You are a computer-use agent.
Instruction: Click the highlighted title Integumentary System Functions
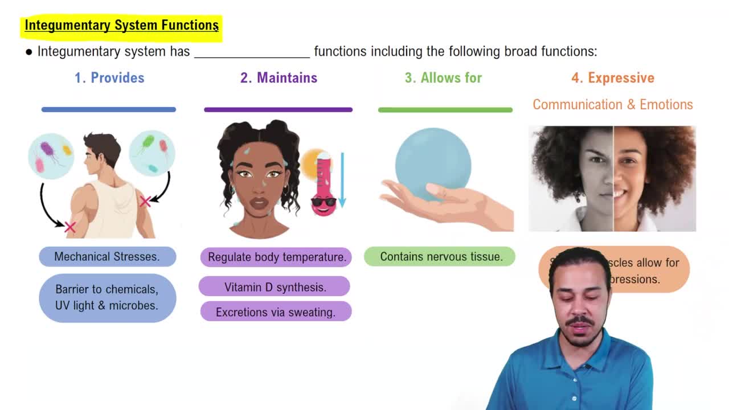121,26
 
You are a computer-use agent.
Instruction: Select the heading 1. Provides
109,78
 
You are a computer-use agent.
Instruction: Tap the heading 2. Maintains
279,78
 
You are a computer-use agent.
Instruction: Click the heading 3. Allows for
443,78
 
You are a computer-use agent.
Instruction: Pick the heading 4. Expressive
613,78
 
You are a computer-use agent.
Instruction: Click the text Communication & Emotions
613,105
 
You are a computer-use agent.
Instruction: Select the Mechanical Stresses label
107,257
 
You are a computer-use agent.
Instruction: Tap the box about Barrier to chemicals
107,297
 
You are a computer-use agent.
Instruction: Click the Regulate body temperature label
277,257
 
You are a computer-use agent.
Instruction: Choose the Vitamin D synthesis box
275,287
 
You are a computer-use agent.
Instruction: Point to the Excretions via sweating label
276,312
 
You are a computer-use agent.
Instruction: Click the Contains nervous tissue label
441,257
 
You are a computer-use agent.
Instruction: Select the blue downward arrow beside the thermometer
342,179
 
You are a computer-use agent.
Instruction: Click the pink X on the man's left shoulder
70,227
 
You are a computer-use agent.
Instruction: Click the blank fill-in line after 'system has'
252,52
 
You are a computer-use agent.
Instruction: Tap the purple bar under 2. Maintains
278,109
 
